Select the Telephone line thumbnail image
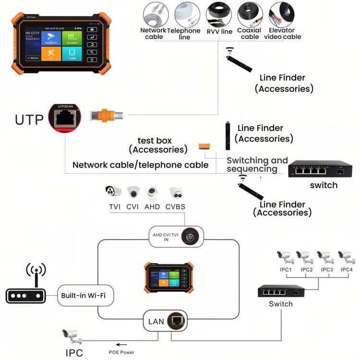tap(187, 14)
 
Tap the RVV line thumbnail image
tap(219, 14)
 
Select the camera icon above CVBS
tap(176, 193)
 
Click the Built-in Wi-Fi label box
tap(83, 295)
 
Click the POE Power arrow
tap(122, 344)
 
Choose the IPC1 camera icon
tap(285, 257)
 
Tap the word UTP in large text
tap(29, 120)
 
